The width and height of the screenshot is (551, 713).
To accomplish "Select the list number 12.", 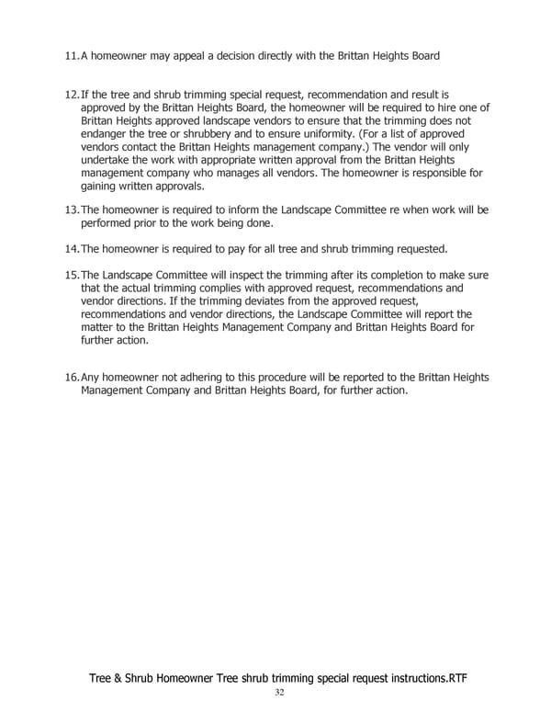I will [72, 95].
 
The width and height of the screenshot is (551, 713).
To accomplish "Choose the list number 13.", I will [72, 210].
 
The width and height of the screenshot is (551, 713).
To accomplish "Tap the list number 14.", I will [72, 249].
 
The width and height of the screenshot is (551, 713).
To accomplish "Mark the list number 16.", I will [72, 378].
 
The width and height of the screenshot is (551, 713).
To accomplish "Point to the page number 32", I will [278, 694].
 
